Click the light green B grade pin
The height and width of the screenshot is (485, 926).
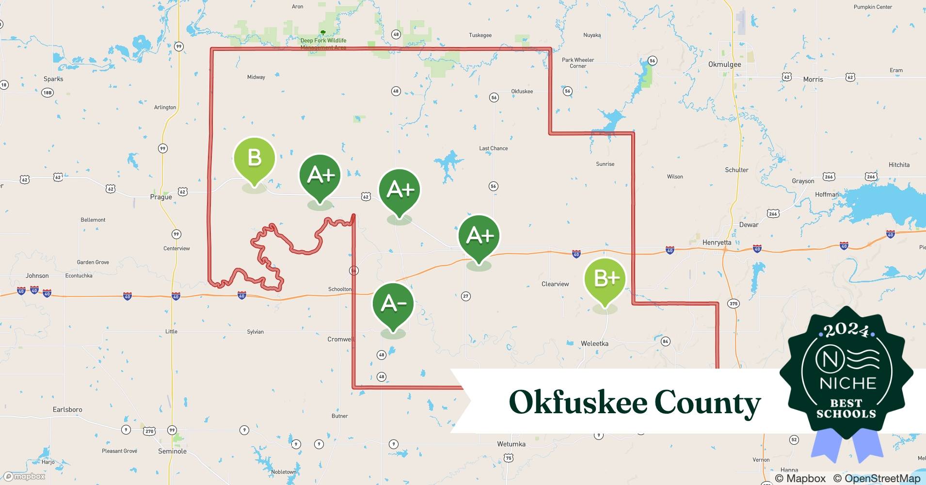[x=255, y=158]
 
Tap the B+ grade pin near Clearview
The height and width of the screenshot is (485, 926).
[x=605, y=278]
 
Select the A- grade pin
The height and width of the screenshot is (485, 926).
[x=393, y=303]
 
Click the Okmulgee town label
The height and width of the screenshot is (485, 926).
[x=724, y=65]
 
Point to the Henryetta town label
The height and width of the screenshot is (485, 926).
[x=717, y=242]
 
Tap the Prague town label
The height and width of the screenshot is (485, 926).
[x=161, y=197]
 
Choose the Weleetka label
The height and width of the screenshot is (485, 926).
[x=594, y=343]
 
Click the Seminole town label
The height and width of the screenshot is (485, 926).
[x=172, y=451]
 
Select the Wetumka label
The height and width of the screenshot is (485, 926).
[x=511, y=444]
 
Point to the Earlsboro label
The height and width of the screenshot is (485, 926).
[x=67, y=409]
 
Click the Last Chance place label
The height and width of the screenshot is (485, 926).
[x=493, y=148]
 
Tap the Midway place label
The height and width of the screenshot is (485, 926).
[x=256, y=77]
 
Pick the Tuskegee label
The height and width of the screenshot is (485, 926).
[x=480, y=35]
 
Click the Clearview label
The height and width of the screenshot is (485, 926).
[x=555, y=284]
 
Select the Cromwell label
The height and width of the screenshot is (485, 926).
[x=341, y=339]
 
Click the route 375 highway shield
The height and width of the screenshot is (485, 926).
[x=733, y=304]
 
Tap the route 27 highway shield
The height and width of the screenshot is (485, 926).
[x=465, y=296]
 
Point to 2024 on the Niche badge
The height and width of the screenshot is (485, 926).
[x=846, y=331]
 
